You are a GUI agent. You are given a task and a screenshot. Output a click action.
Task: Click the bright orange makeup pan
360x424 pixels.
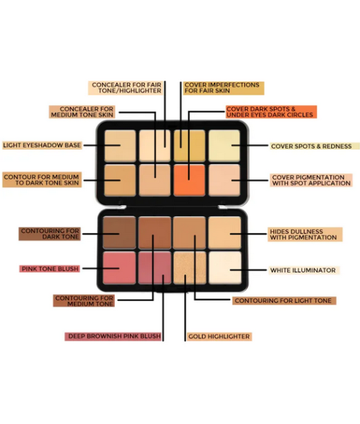pyautogui.click(x=189, y=180)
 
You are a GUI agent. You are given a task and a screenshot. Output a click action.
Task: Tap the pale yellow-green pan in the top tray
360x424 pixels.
pyautogui.click(x=224, y=146)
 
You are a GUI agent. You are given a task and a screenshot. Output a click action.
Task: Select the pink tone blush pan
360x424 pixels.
pyautogui.click(x=119, y=268)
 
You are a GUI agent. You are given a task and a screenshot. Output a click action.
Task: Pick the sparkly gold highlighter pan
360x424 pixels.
pyautogui.click(x=190, y=268)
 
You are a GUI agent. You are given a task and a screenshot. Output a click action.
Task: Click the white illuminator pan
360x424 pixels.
pyautogui.click(x=225, y=268)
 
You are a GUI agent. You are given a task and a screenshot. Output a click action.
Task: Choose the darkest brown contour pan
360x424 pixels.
pyautogui.click(x=119, y=232)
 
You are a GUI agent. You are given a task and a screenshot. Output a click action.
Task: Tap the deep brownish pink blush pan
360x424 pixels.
pyautogui.click(x=155, y=268)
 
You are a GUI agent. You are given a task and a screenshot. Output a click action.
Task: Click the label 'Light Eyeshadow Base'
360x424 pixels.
pyautogui.click(x=42, y=145)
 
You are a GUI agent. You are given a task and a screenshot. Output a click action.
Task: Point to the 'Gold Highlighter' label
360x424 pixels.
pyautogui.click(x=219, y=336)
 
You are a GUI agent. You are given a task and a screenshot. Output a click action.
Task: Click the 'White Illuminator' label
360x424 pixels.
pyautogui.click(x=304, y=270)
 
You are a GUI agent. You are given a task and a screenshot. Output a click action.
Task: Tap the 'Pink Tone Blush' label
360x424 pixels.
pyautogui.click(x=49, y=269)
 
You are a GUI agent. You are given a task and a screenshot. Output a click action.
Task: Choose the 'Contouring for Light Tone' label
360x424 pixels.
pyautogui.click(x=284, y=301)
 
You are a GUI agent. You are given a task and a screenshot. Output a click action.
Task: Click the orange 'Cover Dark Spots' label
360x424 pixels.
pyautogui.click(x=271, y=112)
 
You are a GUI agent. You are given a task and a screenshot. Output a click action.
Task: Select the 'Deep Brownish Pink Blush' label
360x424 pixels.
pyautogui.click(x=113, y=336)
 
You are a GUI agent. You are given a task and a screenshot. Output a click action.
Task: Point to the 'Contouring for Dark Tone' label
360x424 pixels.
pyautogui.click(x=49, y=234)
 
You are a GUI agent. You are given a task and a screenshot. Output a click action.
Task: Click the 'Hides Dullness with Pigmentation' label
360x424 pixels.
pyautogui.click(x=305, y=235)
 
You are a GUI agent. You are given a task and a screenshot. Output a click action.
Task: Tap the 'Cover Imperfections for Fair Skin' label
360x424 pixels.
pyautogui.click(x=223, y=88)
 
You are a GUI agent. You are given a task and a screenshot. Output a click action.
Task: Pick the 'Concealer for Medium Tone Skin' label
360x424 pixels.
pyautogui.click(x=82, y=112)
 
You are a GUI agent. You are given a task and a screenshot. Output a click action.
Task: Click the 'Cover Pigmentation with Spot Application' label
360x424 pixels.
pyautogui.click(x=311, y=180)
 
